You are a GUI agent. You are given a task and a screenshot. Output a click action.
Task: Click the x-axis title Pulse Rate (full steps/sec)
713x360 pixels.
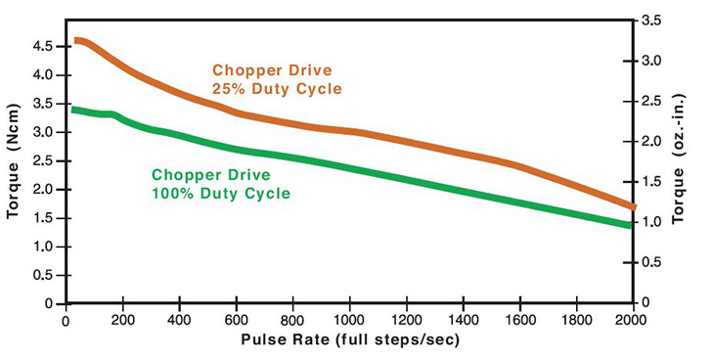tap(348, 340)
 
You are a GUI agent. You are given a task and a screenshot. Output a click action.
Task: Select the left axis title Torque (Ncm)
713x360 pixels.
tap(14, 161)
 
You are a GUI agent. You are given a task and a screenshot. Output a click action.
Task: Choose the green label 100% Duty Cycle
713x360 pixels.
tap(221, 194)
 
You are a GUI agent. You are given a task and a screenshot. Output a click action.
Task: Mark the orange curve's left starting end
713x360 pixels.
tap(76, 41)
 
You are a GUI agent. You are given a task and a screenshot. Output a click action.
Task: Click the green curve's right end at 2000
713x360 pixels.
tap(631, 225)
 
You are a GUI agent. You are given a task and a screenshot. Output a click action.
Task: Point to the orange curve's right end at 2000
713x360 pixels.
tap(632, 206)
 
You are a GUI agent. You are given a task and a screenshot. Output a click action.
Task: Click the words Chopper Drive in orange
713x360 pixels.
tap(271, 70)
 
